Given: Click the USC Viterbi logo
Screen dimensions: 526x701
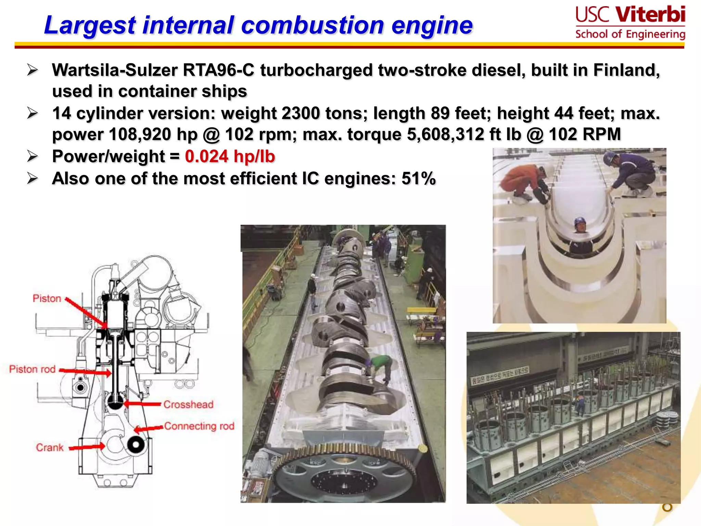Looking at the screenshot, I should [x=630, y=23].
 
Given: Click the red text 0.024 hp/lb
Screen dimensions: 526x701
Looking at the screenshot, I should [x=230, y=156].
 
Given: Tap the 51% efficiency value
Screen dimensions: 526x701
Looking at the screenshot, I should [x=418, y=178].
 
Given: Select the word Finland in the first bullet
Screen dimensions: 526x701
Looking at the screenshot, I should [x=626, y=70].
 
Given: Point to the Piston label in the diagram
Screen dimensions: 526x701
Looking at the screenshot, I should [x=47, y=298].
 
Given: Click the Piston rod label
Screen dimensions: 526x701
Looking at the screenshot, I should [x=32, y=369].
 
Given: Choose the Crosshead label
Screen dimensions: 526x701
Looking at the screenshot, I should [x=188, y=404].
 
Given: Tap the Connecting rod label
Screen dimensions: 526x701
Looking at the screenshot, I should [x=199, y=426].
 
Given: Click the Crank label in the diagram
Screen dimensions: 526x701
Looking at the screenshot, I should [x=50, y=448].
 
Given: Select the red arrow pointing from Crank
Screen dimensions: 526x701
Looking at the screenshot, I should [x=87, y=447].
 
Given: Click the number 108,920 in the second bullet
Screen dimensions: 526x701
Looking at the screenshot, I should [x=140, y=134].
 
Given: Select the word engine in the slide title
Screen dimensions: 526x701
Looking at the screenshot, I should [x=432, y=25].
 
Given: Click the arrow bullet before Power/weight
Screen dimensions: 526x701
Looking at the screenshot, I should [x=33, y=156].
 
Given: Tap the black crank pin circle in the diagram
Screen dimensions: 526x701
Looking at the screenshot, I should [x=136, y=445].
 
